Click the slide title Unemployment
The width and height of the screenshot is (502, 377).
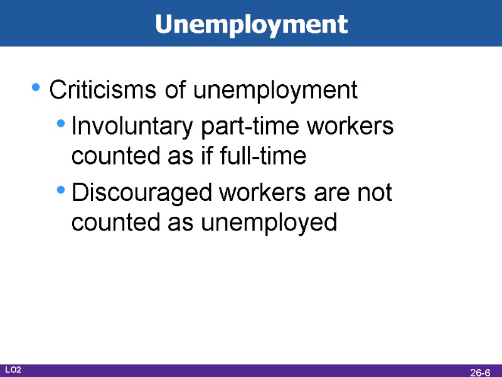[x=251, y=25]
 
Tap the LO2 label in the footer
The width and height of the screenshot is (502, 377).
[x=13, y=371]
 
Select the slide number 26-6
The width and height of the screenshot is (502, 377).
[x=480, y=372]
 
